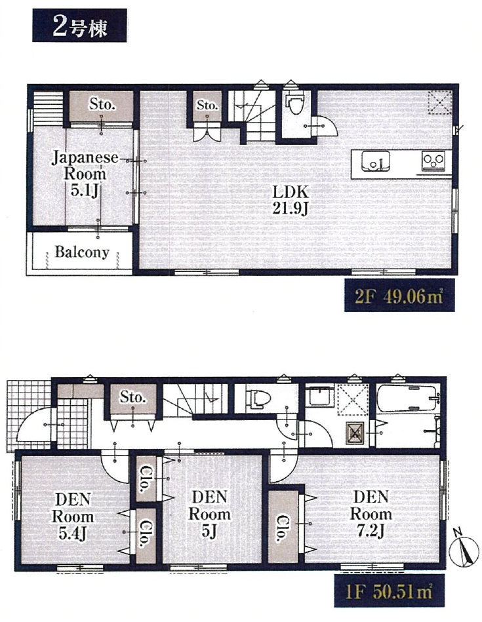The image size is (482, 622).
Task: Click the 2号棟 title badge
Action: pyautogui.click(x=79, y=26)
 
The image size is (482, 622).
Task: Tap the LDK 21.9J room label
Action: pyautogui.click(x=291, y=201)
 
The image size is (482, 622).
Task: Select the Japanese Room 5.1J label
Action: pyautogui.click(x=85, y=174)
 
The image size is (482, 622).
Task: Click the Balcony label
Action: pyautogui.click(x=82, y=252)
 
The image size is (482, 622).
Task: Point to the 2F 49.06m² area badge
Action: pyautogui.click(x=399, y=296)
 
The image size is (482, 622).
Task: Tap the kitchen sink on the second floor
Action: pyautogui.click(x=375, y=161)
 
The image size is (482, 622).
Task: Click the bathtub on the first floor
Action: pyautogui.click(x=408, y=398)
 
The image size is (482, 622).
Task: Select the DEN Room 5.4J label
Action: pyautogui.click(x=73, y=517)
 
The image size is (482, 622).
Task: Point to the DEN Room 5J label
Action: pyautogui.click(x=209, y=514)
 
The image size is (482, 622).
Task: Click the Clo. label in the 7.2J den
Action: pyautogui.click(x=283, y=528)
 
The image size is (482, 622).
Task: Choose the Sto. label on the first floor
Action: pyautogui.click(x=132, y=397)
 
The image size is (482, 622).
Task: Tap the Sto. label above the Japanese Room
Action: pyautogui.click(x=102, y=104)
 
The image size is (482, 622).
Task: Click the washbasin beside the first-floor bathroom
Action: pyautogui.click(x=320, y=395)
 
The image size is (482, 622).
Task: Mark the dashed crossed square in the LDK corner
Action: pyautogui.click(x=440, y=102)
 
